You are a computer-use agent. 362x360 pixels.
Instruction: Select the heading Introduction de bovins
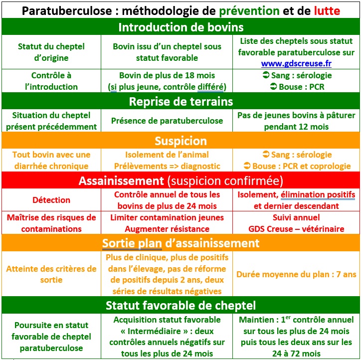coord(181,27)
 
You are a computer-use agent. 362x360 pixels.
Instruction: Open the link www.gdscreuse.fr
coord(296,63)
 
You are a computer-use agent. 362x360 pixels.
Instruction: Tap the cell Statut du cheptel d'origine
coord(51,52)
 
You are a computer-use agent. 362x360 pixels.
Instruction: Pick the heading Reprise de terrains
coord(181,102)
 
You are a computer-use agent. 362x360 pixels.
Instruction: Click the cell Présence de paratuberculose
coord(167,120)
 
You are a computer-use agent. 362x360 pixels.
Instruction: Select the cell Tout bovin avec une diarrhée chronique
coord(51,160)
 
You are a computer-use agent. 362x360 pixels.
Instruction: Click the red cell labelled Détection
coord(51,200)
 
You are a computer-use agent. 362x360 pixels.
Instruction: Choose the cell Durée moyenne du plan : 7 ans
coord(296,274)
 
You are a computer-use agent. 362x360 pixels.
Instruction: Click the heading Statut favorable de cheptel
coord(181,305)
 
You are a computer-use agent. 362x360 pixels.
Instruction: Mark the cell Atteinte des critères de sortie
coord(51,274)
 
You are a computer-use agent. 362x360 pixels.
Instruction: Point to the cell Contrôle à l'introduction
coord(51,81)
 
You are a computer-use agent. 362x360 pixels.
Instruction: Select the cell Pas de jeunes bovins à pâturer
coord(296,120)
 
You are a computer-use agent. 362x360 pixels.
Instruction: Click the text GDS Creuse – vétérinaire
coord(296,228)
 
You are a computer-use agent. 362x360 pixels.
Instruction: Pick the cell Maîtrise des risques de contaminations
coord(51,223)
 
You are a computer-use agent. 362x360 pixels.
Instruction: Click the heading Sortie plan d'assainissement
coord(181,243)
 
